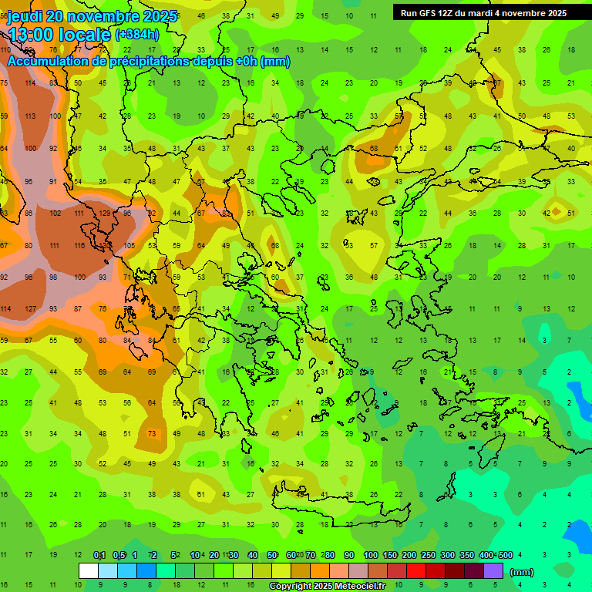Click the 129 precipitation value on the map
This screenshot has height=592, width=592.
click(105, 213)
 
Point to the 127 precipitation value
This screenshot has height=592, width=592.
click(31, 309)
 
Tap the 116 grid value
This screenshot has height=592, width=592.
click(79, 245)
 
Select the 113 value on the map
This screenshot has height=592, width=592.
click(31, 116)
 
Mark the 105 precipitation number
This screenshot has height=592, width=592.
click(129, 245)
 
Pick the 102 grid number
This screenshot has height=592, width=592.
click(55, 213)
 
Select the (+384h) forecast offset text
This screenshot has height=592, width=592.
click(137, 35)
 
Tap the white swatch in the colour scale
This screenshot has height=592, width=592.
click(89, 571)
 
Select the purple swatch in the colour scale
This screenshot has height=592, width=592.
click(493, 571)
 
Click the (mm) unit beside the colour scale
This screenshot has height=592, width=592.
click(522, 572)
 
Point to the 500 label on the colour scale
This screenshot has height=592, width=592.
click(505, 556)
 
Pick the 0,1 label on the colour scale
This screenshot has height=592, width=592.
click(99, 556)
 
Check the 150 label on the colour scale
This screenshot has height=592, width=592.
click(389, 556)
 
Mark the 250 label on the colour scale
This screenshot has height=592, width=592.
click(428, 556)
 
